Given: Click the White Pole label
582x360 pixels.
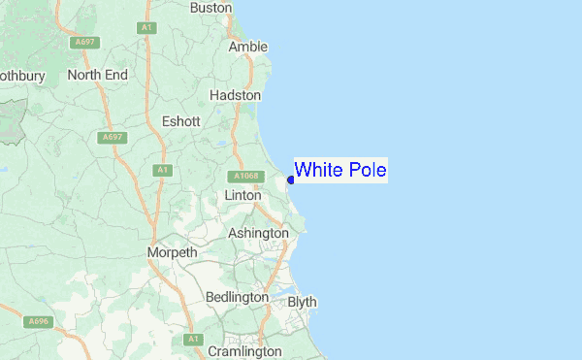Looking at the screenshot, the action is pyautogui.click(x=340, y=171).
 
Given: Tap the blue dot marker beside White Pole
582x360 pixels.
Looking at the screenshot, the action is pyautogui.click(x=291, y=180).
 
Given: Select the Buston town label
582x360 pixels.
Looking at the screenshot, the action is pyautogui.click(x=211, y=8).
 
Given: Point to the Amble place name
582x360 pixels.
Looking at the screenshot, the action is pyautogui.click(x=247, y=47).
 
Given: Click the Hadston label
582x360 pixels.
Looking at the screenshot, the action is pyautogui.click(x=236, y=96).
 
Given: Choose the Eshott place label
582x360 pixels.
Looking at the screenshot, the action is pyautogui.click(x=181, y=121).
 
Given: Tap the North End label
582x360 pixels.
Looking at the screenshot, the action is pyautogui.click(x=98, y=75).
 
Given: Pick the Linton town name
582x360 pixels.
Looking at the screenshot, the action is pyautogui.click(x=242, y=195).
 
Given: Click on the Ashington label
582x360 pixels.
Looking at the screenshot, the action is pyautogui.click(x=258, y=233).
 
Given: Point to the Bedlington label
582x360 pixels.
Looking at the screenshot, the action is pyautogui.click(x=237, y=296).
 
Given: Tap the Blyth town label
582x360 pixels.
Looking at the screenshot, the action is pyautogui.click(x=302, y=302).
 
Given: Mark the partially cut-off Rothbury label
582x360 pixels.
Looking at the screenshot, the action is pyautogui.click(x=18, y=75).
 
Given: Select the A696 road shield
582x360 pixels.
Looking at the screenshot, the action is pyautogui.click(x=38, y=321).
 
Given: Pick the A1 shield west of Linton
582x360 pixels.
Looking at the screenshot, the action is pyautogui.click(x=161, y=170).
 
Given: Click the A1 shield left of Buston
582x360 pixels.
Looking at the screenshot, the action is pyautogui.click(x=147, y=29).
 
